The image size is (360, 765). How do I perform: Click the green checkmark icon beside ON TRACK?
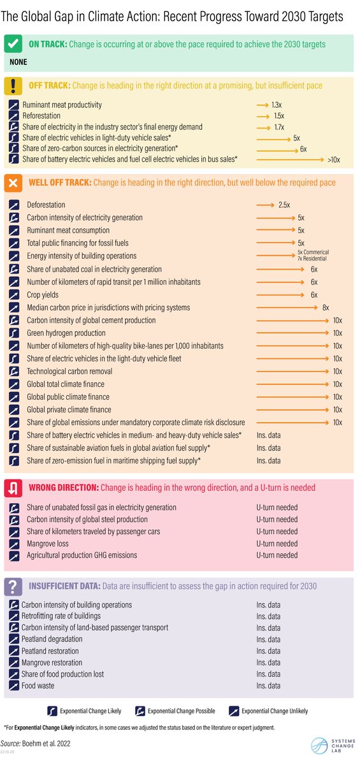pos(14,45)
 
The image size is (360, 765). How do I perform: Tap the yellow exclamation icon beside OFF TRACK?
pos(14,85)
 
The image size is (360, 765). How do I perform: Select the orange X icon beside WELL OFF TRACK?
pos(14,183)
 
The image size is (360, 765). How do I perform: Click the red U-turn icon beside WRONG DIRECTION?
pos(14,488)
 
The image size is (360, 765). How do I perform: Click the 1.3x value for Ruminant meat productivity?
pos(276,105)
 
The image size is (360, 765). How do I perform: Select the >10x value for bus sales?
pos(334,159)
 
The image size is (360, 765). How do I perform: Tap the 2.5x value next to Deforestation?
pos(284,205)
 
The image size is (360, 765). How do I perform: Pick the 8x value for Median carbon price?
pos(326,307)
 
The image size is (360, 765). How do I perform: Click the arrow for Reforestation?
pos(262,116)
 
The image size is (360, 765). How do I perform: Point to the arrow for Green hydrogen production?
pos(293,333)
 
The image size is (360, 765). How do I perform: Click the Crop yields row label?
pos(43,295)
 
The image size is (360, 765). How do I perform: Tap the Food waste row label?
pos(38,686)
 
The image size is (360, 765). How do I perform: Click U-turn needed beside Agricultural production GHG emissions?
pos(277,555)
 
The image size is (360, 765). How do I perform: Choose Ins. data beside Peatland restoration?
pos(268,651)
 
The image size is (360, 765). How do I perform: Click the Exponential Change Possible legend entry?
pos(175,711)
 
